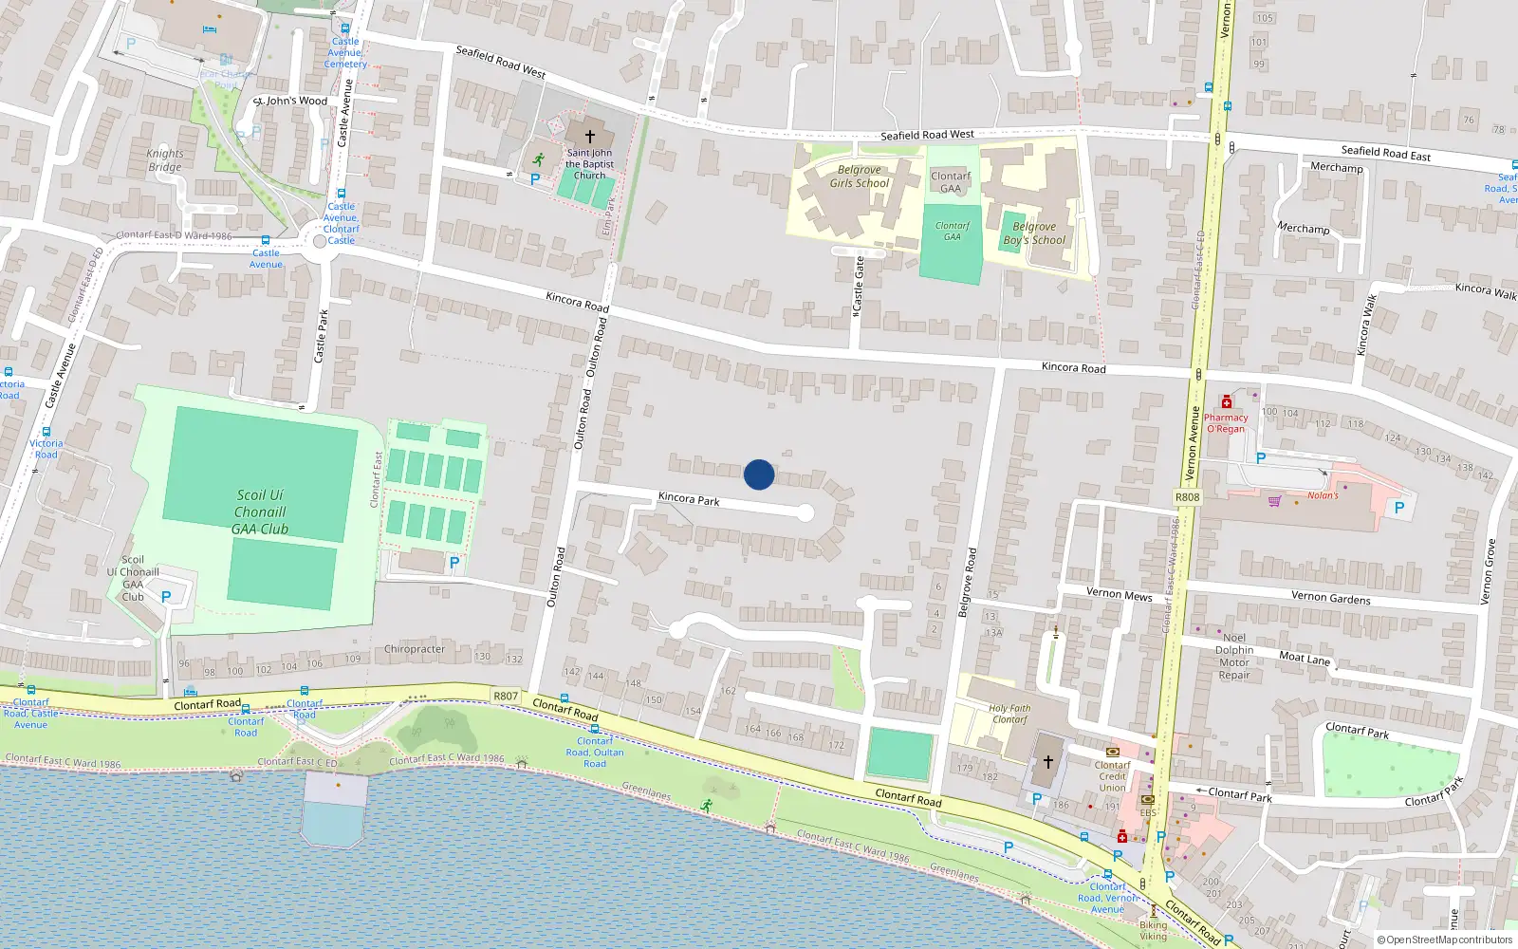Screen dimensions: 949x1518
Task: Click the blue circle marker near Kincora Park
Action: click(759, 474)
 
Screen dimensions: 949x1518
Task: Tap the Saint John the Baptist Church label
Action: click(589, 164)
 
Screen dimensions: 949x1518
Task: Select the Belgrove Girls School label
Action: click(859, 177)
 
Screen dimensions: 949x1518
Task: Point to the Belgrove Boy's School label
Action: click(1034, 233)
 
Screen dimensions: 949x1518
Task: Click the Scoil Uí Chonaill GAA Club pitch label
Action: click(260, 512)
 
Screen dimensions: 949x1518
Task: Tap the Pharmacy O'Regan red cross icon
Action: click(1226, 402)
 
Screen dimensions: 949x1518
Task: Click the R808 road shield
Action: click(1187, 497)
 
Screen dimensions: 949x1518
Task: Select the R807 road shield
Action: click(506, 697)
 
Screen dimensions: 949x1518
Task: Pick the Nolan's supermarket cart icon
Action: click(1274, 500)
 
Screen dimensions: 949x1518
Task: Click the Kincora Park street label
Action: click(689, 498)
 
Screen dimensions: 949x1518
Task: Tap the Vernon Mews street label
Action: click(1119, 594)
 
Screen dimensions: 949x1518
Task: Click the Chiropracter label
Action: click(415, 649)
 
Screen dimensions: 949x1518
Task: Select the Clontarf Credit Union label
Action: click(1112, 776)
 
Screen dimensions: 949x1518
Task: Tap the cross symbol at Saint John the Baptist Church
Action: click(589, 137)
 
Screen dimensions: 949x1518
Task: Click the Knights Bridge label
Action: click(165, 160)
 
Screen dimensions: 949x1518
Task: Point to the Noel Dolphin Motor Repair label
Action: click(1234, 657)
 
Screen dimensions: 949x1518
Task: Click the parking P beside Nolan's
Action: click(1398, 508)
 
